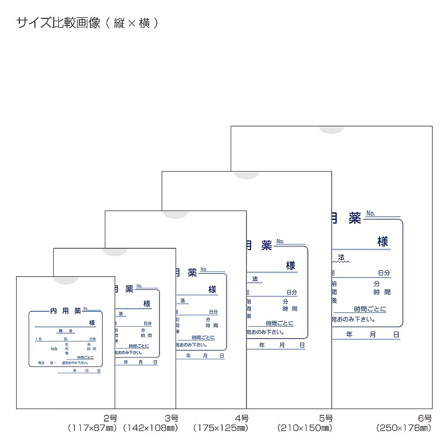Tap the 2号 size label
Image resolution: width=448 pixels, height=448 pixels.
[x=110, y=418]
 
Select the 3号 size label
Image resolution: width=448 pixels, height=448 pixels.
[x=171, y=418]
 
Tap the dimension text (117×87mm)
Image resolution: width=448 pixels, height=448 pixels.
[x=92, y=428]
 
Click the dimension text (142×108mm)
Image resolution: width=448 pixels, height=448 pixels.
[x=151, y=428]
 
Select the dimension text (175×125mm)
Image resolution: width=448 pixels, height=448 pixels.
[x=220, y=428]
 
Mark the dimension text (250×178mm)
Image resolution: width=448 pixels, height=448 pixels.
[x=404, y=428]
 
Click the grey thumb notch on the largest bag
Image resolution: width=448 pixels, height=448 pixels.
[x=332, y=129]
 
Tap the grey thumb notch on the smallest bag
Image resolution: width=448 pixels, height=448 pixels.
[x=66, y=280]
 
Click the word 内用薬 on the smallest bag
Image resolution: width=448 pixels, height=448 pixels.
[x=65, y=310]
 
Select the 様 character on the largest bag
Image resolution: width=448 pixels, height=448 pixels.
[x=383, y=241]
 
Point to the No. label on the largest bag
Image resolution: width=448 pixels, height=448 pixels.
[x=370, y=213]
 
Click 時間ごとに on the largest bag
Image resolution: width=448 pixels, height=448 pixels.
[x=370, y=309]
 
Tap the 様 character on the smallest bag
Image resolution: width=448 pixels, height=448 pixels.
[x=92, y=323]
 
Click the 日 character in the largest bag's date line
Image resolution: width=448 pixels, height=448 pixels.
[x=396, y=335]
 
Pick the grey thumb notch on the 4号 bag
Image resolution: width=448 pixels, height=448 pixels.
[x=176, y=214]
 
